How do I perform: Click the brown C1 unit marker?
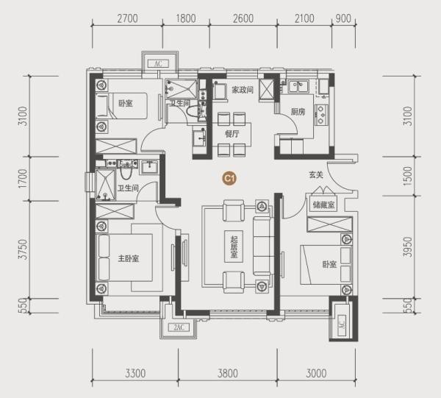(229, 179)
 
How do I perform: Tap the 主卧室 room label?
(129, 258)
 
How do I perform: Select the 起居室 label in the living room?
(234, 247)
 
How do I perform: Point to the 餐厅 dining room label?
(232, 134)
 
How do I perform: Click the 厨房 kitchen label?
(298, 112)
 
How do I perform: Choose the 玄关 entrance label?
(316, 175)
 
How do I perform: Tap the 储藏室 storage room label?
(323, 205)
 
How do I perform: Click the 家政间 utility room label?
(243, 90)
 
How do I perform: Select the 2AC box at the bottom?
(179, 327)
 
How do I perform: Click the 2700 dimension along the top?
(127, 18)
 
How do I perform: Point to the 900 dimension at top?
(343, 18)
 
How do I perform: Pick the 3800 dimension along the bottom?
(228, 374)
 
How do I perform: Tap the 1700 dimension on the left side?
(24, 179)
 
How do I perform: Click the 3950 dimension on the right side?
(407, 247)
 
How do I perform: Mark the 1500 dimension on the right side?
(407, 176)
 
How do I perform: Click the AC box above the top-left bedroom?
(158, 63)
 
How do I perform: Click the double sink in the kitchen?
(298, 86)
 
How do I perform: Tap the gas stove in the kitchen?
(321, 115)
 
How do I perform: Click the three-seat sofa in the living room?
(262, 246)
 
